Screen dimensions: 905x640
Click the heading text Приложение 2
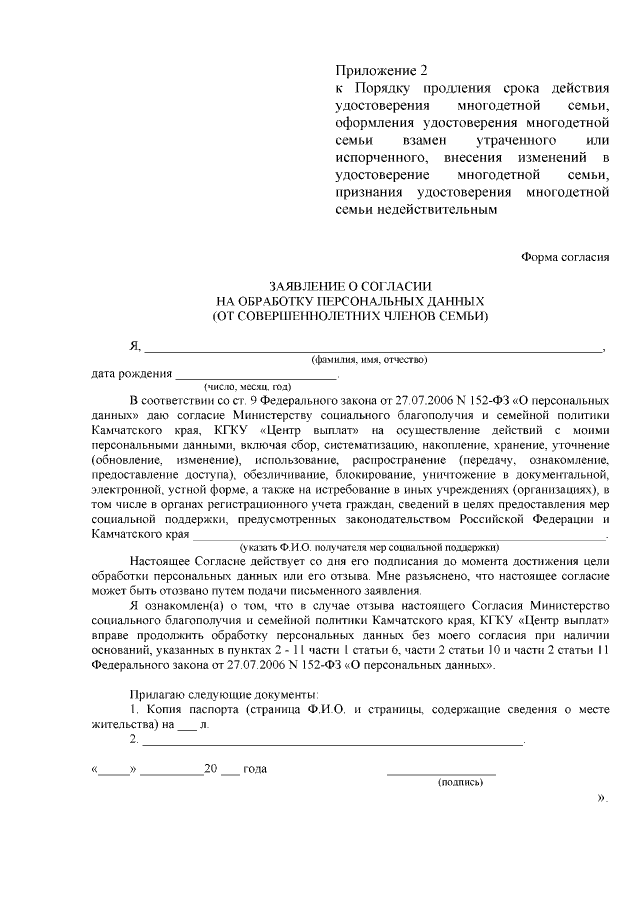pos(380,71)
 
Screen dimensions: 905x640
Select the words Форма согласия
pos(565,256)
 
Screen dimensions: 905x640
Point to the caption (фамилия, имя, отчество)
pos(370,359)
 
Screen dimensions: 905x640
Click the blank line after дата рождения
pos(257,376)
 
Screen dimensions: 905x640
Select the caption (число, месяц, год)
pos(247,386)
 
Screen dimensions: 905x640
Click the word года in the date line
pos(255,770)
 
